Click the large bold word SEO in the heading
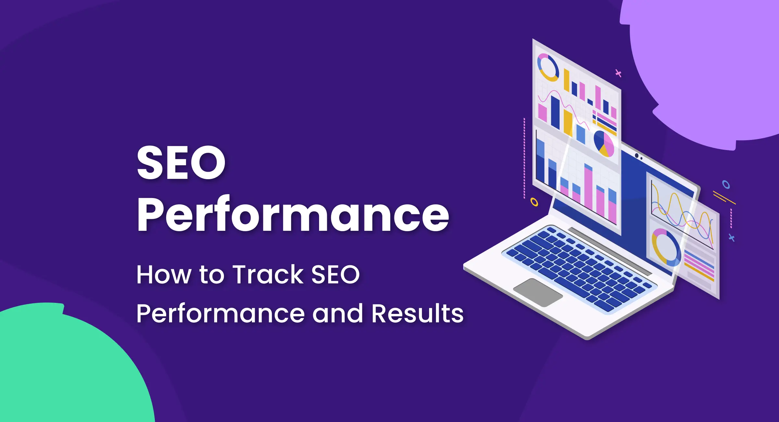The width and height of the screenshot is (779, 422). coord(181,162)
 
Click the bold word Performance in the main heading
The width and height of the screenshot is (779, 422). coord(293,215)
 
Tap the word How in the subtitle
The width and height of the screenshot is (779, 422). coord(164,275)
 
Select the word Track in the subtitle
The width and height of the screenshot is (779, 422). coord(268,275)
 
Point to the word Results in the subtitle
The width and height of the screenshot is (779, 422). coord(417,314)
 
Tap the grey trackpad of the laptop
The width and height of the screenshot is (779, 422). coord(538,292)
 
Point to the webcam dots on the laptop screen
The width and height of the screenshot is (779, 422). coord(638,157)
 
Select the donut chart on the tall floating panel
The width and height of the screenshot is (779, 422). coord(548,68)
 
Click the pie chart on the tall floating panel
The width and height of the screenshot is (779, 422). coord(604,144)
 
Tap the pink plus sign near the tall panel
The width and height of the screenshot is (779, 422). coord(618,73)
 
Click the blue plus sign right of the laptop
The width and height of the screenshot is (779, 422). coord(732,238)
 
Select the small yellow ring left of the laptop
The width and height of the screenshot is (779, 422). coord(534,202)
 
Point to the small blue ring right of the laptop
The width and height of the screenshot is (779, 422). coord(726,185)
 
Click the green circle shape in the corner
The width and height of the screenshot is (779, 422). coord(65,367)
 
